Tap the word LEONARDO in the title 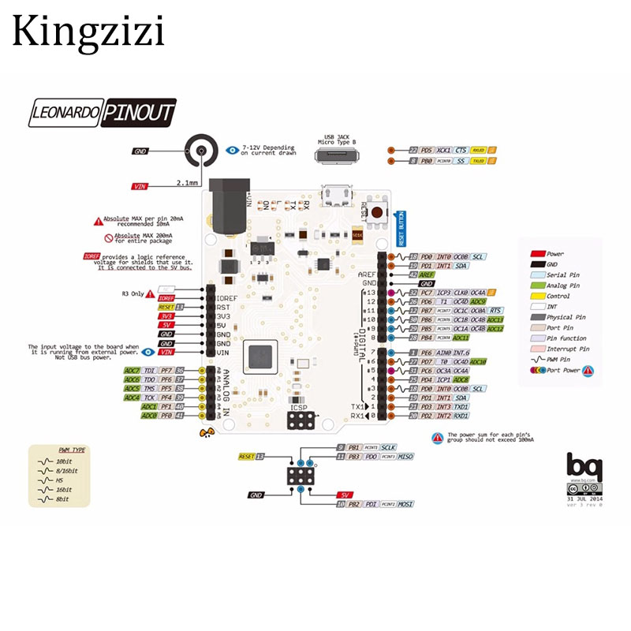64,112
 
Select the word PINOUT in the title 138,112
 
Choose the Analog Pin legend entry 562,286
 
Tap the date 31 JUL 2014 584,499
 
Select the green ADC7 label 132,370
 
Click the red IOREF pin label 166,298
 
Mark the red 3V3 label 166,315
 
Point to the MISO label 405,457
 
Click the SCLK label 388,447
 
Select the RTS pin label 495,311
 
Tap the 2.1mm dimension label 187,182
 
